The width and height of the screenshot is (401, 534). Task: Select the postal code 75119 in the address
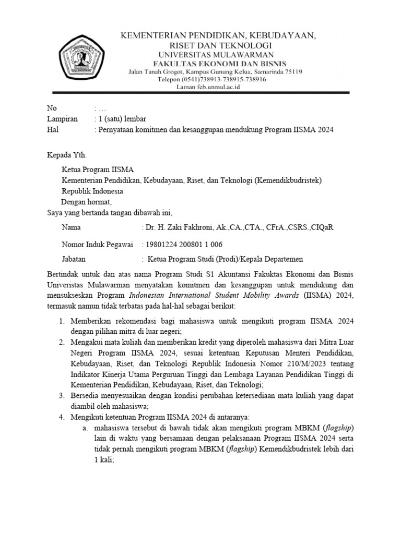(291, 71)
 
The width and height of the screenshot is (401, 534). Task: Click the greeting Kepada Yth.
(65, 155)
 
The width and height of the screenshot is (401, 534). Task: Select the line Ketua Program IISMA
(98, 169)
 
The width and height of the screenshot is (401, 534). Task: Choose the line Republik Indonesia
(92, 191)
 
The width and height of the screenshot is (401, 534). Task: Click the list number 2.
(62, 342)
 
